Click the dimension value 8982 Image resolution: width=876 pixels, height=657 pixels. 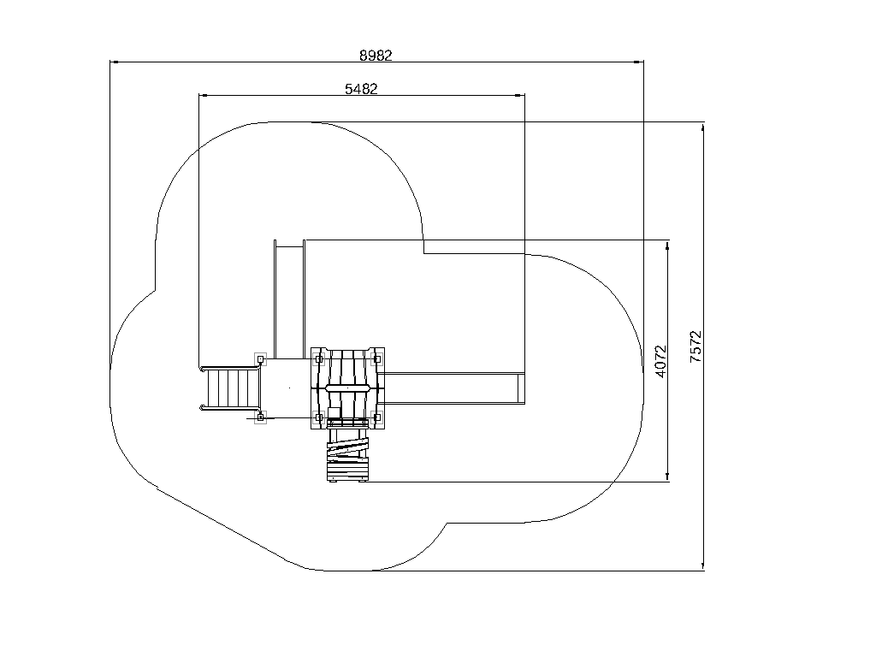click(x=376, y=56)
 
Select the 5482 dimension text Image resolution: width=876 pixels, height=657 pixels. click(x=361, y=89)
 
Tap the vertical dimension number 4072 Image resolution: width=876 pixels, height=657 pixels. click(x=661, y=362)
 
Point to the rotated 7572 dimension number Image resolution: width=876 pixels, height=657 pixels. click(x=695, y=346)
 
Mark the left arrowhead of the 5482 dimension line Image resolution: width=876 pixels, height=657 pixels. click(x=204, y=96)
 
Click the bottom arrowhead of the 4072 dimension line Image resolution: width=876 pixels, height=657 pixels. click(x=667, y=476)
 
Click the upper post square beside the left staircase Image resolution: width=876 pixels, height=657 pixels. click(x=260, y=358)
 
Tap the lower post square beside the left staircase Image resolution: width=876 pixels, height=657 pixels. click(x=260, y=417)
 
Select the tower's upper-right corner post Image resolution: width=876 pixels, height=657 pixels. click(x=377, y=358)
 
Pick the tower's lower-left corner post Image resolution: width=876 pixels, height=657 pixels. click(x=319, y=417)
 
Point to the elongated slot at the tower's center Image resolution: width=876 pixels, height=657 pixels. click(x=347, y=388)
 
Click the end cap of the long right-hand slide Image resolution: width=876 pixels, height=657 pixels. click(x=522, y=388)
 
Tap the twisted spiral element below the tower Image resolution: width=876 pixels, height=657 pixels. click(x=348, y=450)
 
